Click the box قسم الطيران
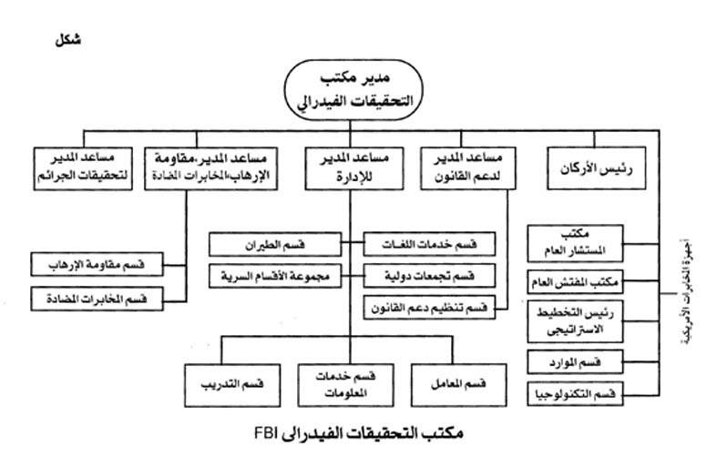click(273, 245)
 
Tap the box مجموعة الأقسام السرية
click(273, 274)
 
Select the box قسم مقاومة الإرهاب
click(97, 266)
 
